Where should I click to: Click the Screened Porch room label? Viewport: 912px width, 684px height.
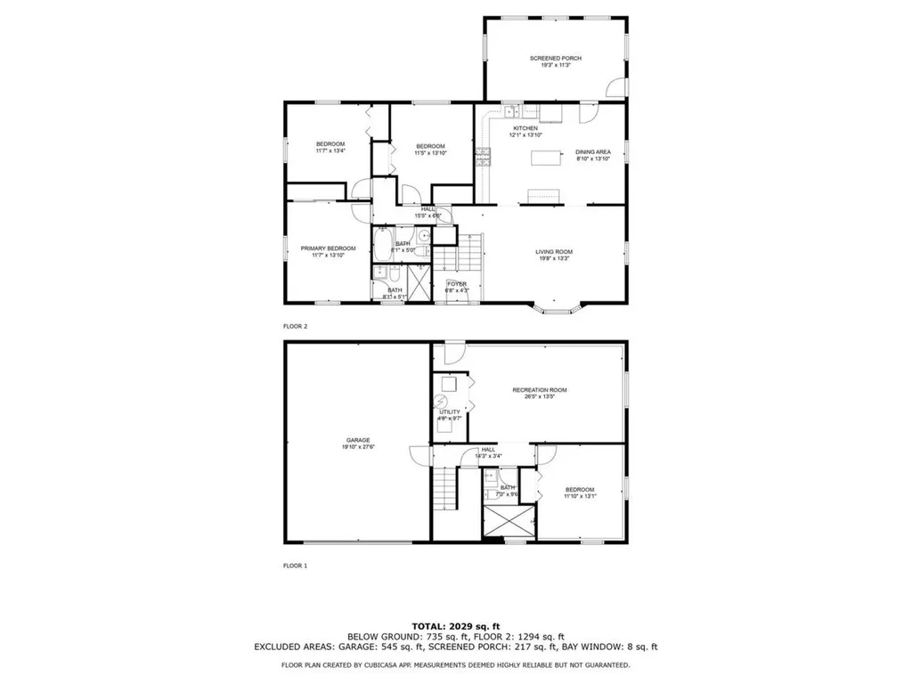pyautogui.click(x=556, y=59)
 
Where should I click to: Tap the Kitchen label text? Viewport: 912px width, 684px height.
pyautogui.click(x=524, y=128)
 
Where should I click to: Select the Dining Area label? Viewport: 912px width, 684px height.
pyautogui.click(x=593, y=152)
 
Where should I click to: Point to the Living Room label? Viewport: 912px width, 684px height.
pyautogui.click(x=553, y=251)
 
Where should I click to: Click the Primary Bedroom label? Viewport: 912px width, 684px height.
pyautogui.click(x=328, y=248)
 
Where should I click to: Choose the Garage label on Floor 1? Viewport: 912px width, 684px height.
pyautogui.click(x=358, y=440)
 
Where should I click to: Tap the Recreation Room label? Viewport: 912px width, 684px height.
pyautogui.click(x=539, y=390)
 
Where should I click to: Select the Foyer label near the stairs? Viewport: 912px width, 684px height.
pyautogui.click(x=458, y=284)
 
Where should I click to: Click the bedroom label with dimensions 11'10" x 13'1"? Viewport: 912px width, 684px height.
pyautogui.click(x=580, y=490)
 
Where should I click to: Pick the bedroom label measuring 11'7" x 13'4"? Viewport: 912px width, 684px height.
pyautogui.click(x=330, y=144)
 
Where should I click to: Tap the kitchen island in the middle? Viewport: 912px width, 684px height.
pyautogui.click(x=547, y=158)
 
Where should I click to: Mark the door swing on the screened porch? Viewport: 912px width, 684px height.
pyautogui.click(x=614, y=87)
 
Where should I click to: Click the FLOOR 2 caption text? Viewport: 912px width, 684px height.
pyautogui.click(x=295, y=327)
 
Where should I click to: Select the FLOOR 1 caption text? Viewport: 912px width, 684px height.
pyautogui.click(x=295, y=565)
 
